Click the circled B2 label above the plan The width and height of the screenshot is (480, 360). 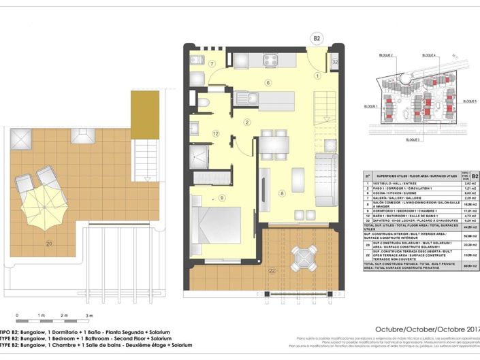[x=315, y=38]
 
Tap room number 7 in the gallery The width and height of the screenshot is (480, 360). [x=212, y=65]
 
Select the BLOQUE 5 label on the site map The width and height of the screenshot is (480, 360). [x=465, y=99]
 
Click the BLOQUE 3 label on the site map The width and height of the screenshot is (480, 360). [x=412, y=139]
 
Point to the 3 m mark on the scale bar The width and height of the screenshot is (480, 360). [x=89, y=316]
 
